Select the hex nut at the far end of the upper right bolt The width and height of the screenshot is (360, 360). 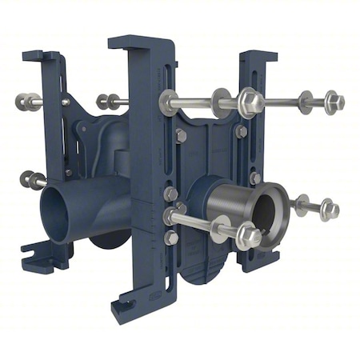click(334, 102)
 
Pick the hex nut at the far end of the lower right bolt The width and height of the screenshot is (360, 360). click(329, 210)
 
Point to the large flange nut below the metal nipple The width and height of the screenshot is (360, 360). click(246, 235)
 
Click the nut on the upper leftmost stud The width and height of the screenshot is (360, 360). click(25, 102)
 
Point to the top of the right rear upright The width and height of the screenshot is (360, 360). click(258, 57)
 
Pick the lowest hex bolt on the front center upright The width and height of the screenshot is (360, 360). click(171, 237)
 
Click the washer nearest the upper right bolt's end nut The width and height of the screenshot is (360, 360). click(306, 102)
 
